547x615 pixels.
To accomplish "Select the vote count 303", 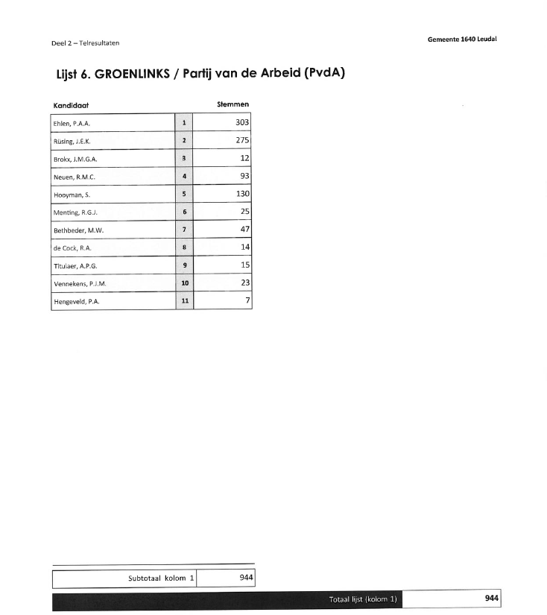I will [x=241, y=122].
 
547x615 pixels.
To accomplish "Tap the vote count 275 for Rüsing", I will [x=241, y=140].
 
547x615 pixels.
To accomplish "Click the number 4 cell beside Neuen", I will [x=183, y=177].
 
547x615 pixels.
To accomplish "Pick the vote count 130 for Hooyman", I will [x=241, y=194].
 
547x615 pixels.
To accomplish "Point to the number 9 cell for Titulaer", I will [x=183, y=265].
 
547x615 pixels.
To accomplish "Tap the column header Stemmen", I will [x=233, y=104].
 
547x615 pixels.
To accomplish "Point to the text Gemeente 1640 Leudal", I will [x=462, y=39].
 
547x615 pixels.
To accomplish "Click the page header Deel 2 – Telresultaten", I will [x=85, y=43].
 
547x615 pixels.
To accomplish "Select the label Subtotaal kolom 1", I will [x=161, y=578].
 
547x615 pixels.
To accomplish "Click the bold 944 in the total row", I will [x=491, y=598].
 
